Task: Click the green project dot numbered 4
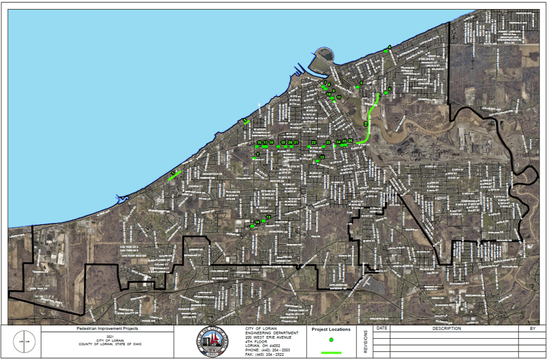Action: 386,51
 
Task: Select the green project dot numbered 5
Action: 356,87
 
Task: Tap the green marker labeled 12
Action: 317,161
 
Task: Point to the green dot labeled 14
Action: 252,226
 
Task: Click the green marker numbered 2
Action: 254,158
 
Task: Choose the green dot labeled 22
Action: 309,147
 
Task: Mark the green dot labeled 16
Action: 257,147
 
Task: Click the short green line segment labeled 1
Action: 175,176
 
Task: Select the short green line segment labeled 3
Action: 246,122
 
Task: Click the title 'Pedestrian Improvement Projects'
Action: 107,329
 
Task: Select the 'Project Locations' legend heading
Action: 331,330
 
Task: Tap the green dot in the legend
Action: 331,340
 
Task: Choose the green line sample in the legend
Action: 331,352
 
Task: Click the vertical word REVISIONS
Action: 365,342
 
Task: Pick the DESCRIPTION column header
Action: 446,328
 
